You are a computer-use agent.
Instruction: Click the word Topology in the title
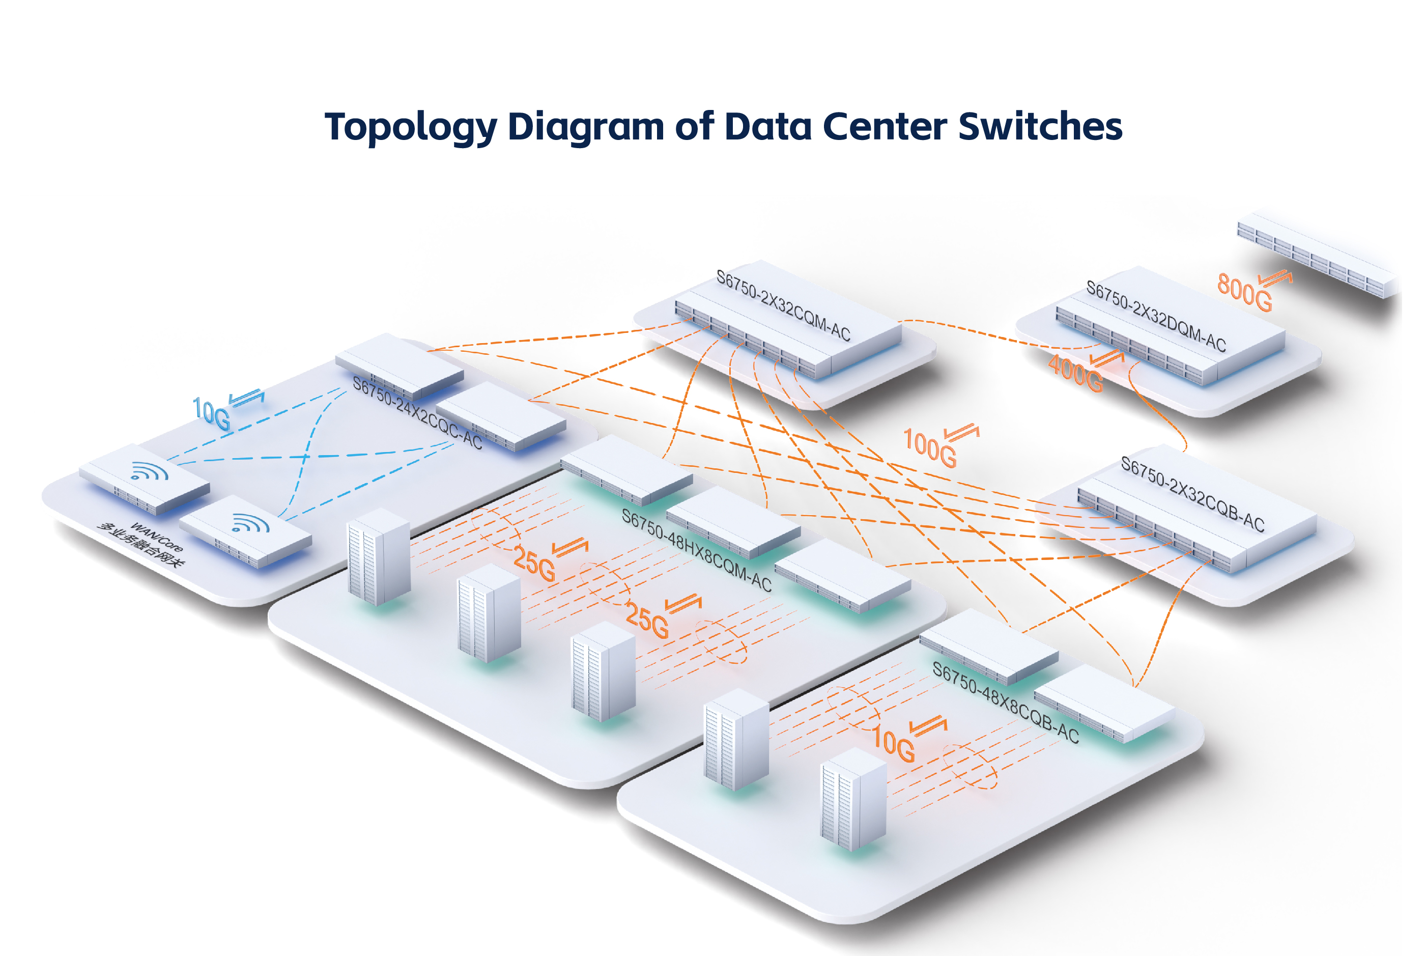tap(410, 127)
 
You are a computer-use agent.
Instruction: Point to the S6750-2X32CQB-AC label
tap(1192, 494)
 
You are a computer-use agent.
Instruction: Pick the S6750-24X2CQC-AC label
tap(417, 413)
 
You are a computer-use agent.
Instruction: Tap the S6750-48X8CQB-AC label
tap(1006, 702)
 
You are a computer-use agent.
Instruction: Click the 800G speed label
tap(1244, 293)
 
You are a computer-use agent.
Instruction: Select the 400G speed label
tap(1075, 373)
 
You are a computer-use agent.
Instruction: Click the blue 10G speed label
tap(211, 414)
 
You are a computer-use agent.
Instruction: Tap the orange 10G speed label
tap(894, 744)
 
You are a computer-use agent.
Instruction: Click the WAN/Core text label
tap(156, 537)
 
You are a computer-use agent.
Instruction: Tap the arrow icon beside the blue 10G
tap(247, 398)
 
